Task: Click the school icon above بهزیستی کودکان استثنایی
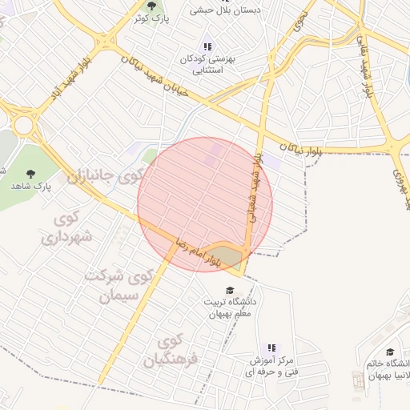point(208,46)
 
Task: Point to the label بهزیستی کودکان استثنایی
point(209,65)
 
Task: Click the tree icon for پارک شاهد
point(31,172)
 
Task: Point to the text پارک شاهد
point(31,186)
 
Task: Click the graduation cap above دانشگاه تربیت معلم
point(231,290)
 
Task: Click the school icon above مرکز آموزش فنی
point(271,348)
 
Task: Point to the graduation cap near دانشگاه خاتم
point(390,352)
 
